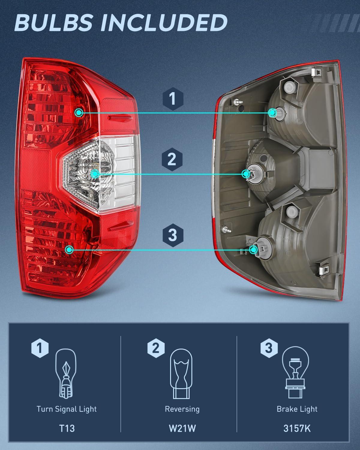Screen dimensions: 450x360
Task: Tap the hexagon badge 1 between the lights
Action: click(x=172, y=99)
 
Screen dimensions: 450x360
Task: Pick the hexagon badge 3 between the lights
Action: click(x=172, y=235)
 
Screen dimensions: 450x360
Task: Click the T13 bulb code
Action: click(x=67, y=428)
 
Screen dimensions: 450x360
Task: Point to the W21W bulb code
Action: click(x=182, y=428)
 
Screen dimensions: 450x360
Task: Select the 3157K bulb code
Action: click(x=297, y=428)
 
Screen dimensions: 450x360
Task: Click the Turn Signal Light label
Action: click(x=67, y=409)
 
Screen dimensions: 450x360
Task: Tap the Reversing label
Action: click(x=182, y=409)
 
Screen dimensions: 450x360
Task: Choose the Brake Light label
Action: click(x=297, y=409)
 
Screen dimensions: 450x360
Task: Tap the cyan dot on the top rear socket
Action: click(x=273, y=113)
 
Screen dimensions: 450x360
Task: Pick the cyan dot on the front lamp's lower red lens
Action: click(x=70, y=250)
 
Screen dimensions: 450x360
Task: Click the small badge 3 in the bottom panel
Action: click(x=269, y=348)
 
